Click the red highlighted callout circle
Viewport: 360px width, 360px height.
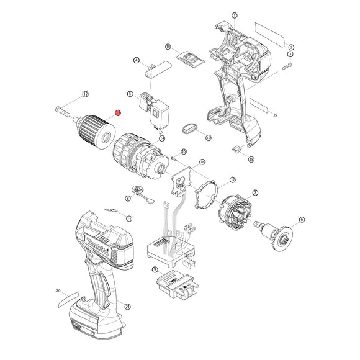[x=118, y=112]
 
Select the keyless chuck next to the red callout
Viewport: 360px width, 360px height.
[x=97, y=129]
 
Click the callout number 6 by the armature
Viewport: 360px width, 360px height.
[x=302, y=219]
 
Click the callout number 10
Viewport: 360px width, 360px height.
[x=168, y=47]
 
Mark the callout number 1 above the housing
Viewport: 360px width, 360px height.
[x=234, y=15]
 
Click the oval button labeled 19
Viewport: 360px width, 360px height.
[x=190, y=128]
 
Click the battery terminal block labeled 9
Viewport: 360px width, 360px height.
[x=178, y=286]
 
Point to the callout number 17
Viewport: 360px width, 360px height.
[x=232, y=179]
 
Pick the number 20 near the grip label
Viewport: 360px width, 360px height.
[x=58, y=290]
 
